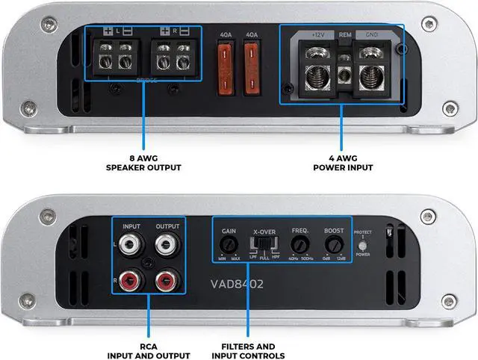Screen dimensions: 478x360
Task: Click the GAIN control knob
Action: [x=229, y=244]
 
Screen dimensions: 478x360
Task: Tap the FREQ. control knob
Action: [x=300, y=244]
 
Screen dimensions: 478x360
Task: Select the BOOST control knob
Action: [x=334, y=244]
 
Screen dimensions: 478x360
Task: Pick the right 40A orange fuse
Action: [x=252, y=59]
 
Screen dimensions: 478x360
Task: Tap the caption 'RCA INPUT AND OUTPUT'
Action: [x=148, y=351]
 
